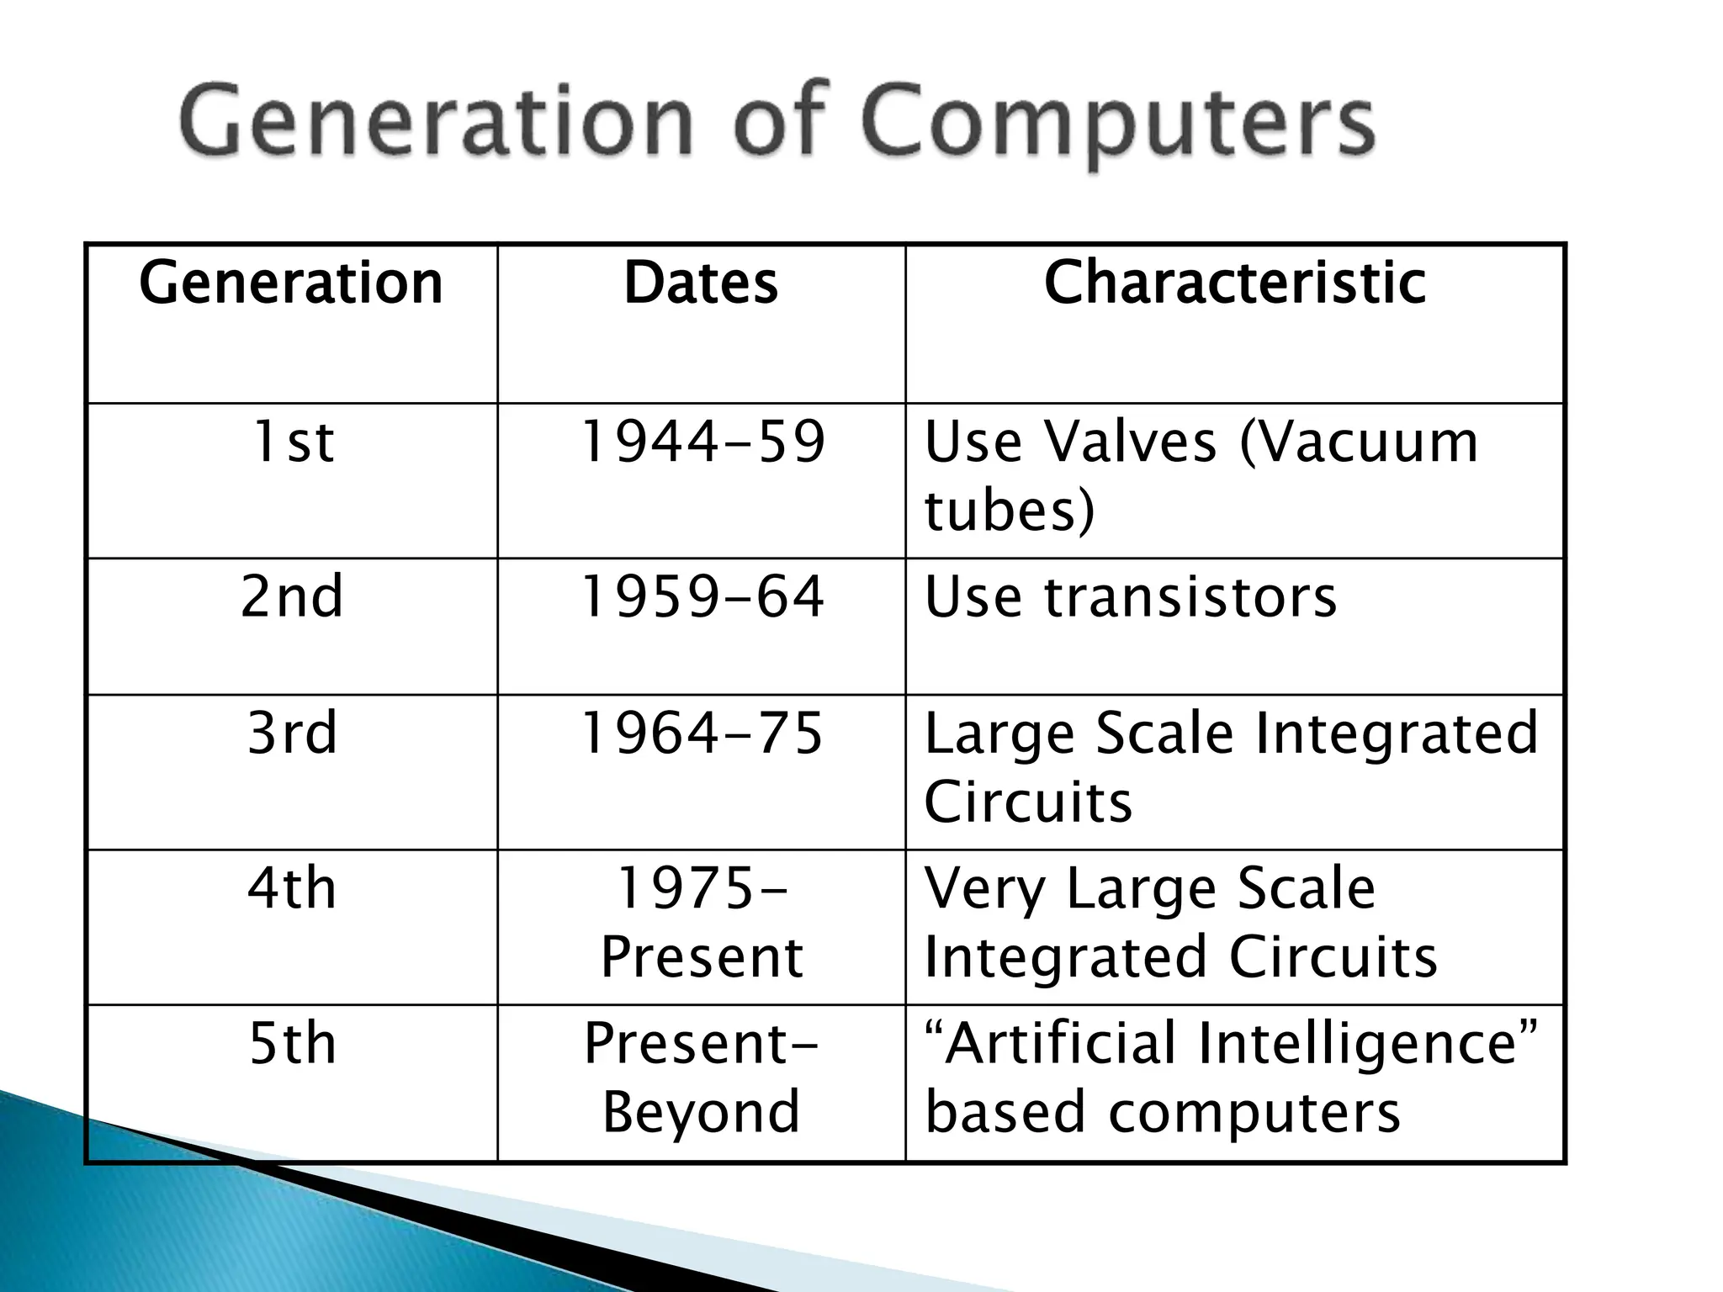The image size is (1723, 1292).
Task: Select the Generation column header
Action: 291,283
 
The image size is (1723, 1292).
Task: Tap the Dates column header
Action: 701,283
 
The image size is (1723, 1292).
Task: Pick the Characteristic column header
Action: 1234,283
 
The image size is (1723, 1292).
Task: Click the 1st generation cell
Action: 292,442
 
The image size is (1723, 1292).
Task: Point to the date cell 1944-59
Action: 702,442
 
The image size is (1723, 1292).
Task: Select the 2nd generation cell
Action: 292,597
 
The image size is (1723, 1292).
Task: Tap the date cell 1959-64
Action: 702,597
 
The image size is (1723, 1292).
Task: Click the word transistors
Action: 1190,597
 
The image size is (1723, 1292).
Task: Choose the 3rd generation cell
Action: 292,733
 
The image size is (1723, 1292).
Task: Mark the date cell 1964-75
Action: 702,733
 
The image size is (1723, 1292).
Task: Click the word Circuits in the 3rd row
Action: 1028,802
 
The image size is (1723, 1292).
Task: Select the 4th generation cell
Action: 292,889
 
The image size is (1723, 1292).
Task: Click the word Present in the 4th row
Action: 702,957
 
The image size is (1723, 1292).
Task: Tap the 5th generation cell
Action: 292,1044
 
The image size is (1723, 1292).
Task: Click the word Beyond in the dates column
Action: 701,1113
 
